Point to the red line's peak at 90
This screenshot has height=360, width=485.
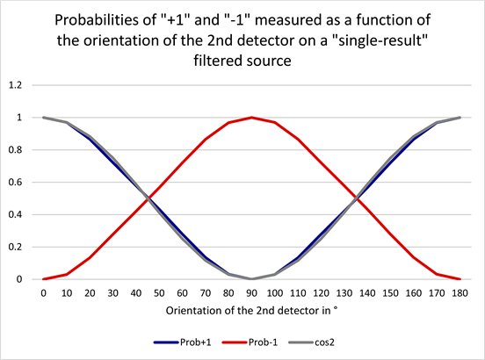click(252, 118)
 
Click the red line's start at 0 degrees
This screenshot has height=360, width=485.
click(43, 279)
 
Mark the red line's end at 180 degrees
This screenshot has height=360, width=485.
click(460, 279)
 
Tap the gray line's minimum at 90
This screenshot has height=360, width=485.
click(252, 279)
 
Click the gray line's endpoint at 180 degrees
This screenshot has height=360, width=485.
click(460, 118)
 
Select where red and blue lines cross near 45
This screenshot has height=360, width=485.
click(148, 198)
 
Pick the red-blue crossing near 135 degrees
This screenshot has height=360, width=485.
click(356, 198)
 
